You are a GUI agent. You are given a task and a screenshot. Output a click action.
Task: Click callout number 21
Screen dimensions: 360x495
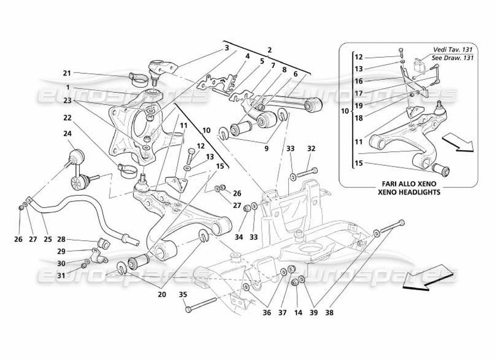click(x=67, y=73)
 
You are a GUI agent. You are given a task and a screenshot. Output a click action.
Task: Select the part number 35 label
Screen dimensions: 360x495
click(x=182, y=295)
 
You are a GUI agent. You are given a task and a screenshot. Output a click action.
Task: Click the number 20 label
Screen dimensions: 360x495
click(x=162, y=295)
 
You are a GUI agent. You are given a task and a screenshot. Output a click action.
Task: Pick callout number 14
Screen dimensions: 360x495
click(x=297, y=312)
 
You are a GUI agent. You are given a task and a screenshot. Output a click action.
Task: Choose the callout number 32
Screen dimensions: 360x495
click(x=311, y=148)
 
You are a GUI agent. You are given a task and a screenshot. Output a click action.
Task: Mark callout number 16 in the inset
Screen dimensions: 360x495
click(x=358, y=81)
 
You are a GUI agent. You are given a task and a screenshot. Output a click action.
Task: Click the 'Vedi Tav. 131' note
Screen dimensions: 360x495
click(x=455, y=49)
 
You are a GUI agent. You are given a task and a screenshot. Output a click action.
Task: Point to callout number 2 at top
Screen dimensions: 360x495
click(x=270, y=51)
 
